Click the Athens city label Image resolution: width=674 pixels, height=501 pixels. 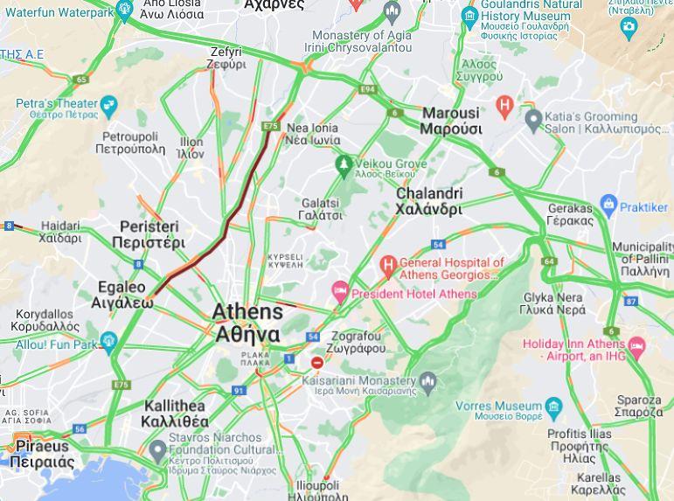[247, 323]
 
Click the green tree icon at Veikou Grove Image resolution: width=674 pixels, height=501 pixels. [344, 164]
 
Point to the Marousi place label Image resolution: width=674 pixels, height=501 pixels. [451, 121]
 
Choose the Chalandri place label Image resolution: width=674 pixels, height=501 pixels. [429, 201]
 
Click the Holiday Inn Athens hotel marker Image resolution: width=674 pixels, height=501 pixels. [636, 347]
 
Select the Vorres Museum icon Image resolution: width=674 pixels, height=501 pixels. [553, 407]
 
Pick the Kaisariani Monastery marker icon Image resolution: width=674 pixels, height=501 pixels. [427, 381]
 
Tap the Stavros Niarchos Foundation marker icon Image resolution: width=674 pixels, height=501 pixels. [157, 451]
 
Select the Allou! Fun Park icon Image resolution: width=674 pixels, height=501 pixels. [108, 341]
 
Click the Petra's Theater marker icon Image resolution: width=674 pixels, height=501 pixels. [108, 108]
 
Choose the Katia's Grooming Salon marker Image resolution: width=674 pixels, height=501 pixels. [533, 119]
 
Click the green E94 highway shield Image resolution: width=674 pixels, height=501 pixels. [367, 89]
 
